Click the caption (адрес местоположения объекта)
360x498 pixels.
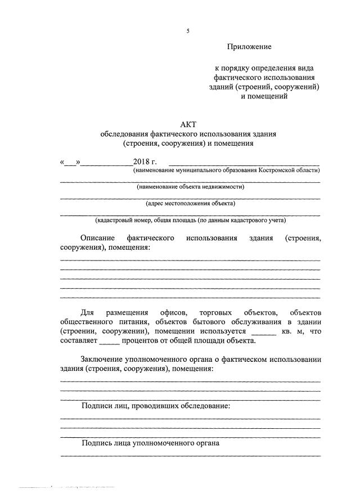point(190,204)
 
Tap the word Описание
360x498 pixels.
point(98,238)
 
